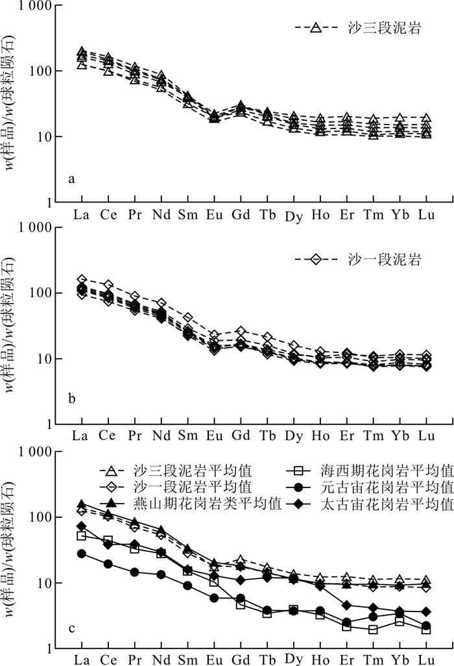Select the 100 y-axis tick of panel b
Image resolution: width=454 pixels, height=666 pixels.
point(38,293)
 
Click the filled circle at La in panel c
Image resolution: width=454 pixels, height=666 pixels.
point(82,554)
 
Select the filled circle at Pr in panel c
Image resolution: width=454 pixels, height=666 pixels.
point(134,572)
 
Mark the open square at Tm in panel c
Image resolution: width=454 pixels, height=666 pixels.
point(373,630)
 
